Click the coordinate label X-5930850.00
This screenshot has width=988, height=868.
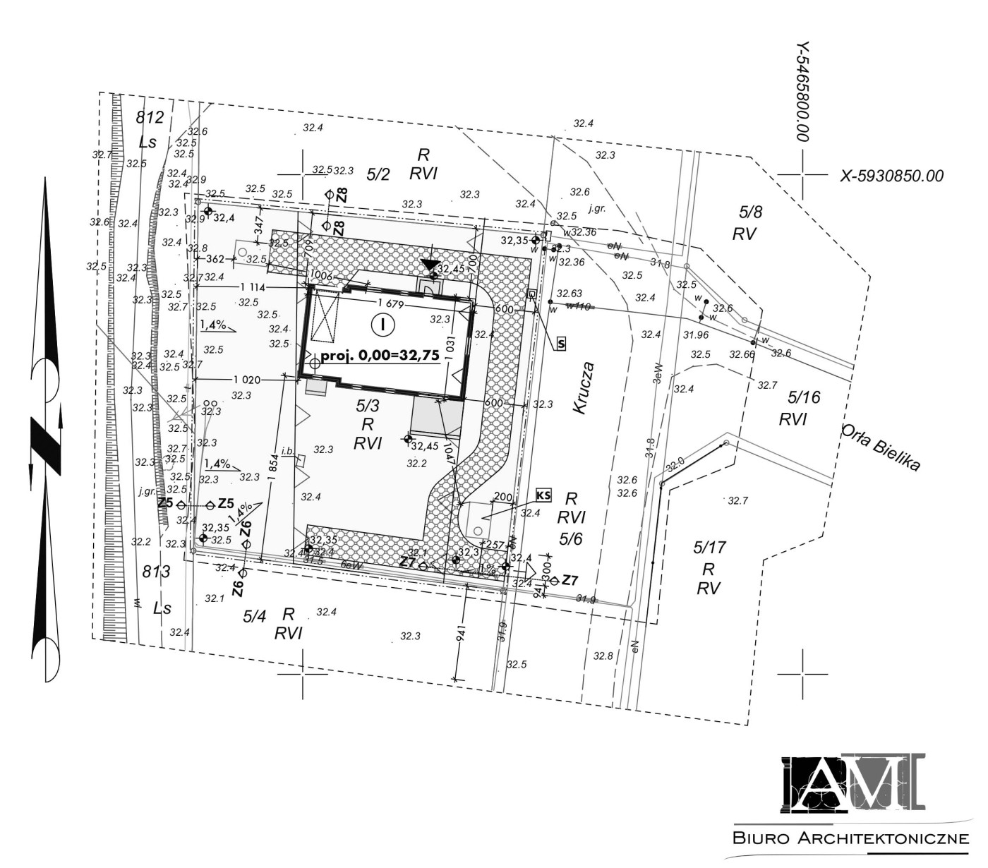pos(891,176)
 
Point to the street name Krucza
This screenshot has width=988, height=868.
pos(585,388)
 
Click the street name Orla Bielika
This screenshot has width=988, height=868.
pos(881,448)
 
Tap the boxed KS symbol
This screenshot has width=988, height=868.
pos(543,494)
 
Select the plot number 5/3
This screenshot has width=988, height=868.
pos(368,406)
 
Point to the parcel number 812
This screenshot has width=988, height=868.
pos(150,117)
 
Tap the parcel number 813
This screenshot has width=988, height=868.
pos(156,572)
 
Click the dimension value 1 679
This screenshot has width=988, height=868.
pos(390,304)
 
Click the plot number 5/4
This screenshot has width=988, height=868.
pos(253,616)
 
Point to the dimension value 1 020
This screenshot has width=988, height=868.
pos(247,380)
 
